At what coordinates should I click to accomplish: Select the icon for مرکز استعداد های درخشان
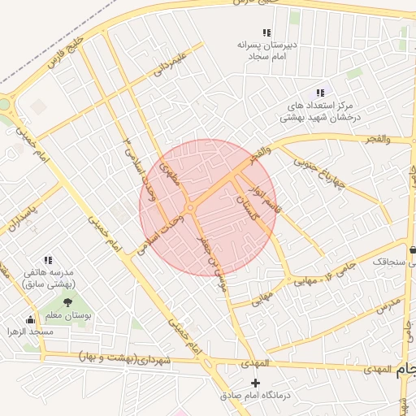click(x=320, y=93)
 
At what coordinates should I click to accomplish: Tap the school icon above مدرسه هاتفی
click(x=49, y=261)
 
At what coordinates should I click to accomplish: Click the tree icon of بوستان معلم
click(x=67, y=303)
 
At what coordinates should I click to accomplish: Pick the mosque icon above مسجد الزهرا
click(x=31, y=320)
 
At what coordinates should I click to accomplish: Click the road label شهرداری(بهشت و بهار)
click(x=126, y=357)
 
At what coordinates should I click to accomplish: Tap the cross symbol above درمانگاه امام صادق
click(x=256, y=383)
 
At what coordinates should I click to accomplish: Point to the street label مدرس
click(x=388, y=306)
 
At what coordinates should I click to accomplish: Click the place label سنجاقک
click(x=393, y=262)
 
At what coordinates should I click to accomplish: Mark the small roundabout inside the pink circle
click(x=189, y=209)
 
